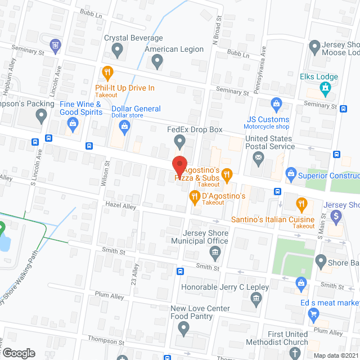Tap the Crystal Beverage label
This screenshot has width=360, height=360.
(x=133, y=38)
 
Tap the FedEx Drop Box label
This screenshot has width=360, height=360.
(x=195, y=130)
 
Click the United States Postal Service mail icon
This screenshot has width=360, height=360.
(x=259, y=159)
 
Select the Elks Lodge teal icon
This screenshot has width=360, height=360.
(x=324, y=88)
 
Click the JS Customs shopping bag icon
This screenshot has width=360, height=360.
(x=276, y=103)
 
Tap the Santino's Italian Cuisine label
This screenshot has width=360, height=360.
(x=273, y=219)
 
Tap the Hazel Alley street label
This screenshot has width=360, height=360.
(x=121, y=207)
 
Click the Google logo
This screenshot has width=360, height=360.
(x=19, y=353)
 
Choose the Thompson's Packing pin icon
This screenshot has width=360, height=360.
(x=40, y=116)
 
